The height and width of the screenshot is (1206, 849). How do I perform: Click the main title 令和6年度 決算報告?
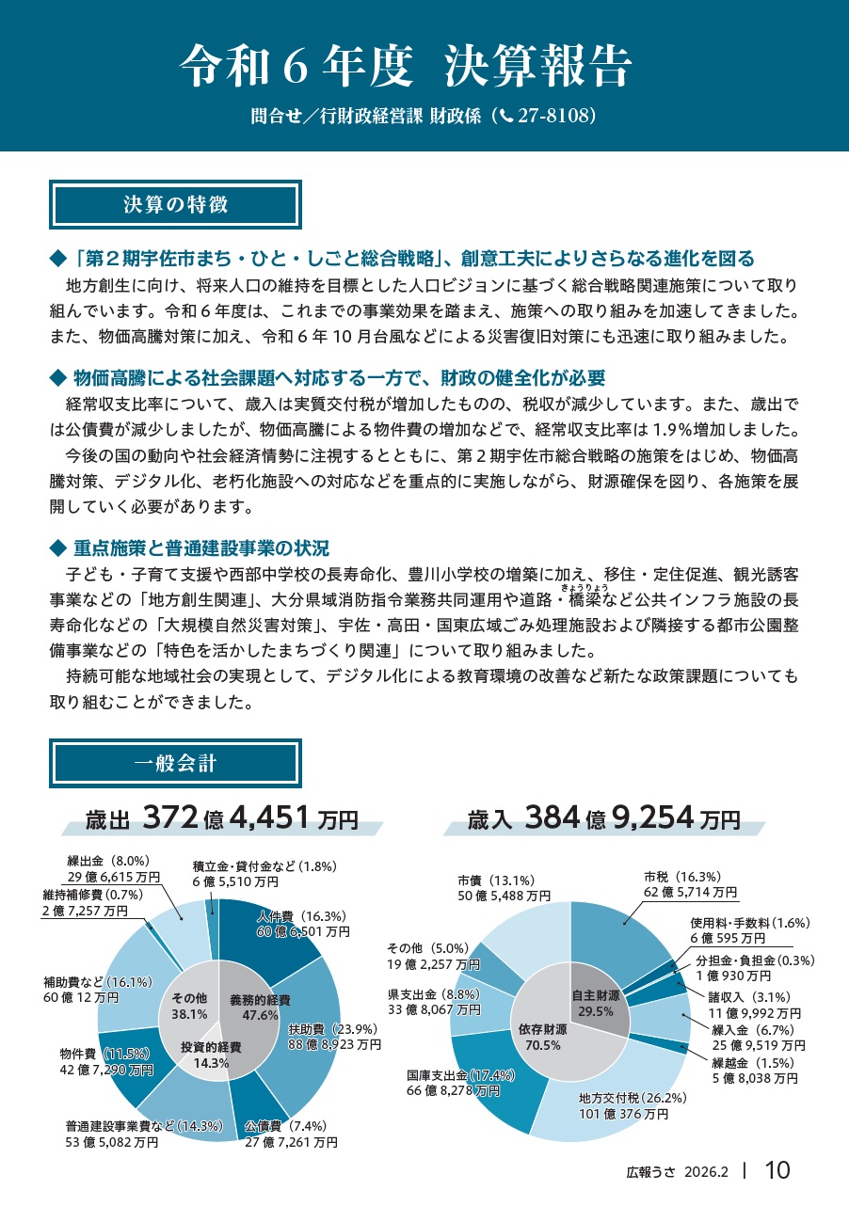406,66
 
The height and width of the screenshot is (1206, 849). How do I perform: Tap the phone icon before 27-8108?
505,116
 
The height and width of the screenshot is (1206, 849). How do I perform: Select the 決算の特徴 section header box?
175,205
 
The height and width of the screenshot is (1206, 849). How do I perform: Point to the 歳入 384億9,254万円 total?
603,818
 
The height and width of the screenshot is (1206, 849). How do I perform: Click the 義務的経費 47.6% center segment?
259,1007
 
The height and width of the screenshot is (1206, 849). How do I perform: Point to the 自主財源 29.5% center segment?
596,1003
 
